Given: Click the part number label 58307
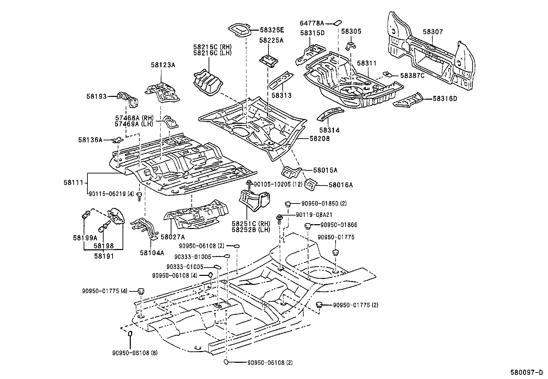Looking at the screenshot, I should (x=433, y=32).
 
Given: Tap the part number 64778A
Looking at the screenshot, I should (x=312, y=23).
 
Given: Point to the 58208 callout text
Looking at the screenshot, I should (x=319, y=139).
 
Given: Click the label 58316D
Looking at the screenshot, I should (x=445, y=99).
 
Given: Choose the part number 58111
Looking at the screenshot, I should (x=73, y=182).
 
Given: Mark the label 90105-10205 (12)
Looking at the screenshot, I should (x=278, y=184).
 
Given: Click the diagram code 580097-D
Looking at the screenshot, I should (x=529, y=372).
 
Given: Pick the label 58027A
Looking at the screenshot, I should (x=173, y=237).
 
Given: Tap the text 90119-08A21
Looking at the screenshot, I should (x=314, y=215).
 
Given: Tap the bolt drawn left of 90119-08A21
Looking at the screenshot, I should (x=280, y=218).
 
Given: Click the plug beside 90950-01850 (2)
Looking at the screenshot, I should (x=288, y=203).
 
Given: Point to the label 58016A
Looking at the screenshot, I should (x=340, y=185).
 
